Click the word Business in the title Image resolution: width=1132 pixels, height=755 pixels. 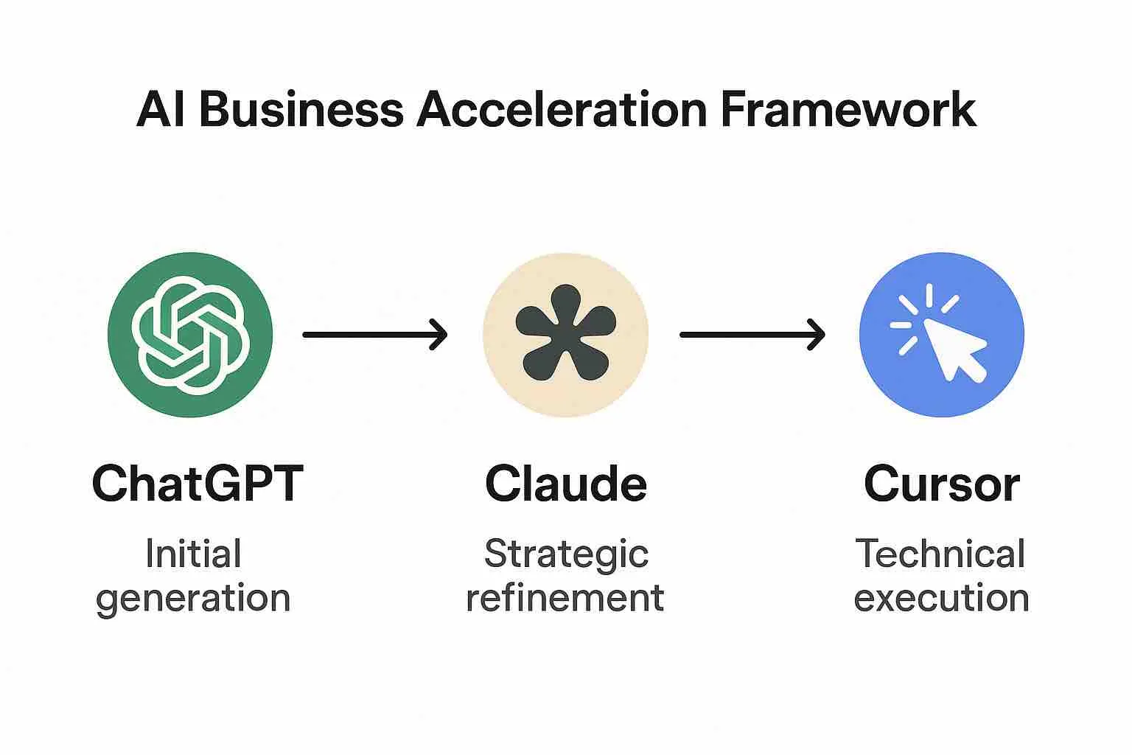[x=301, y=111]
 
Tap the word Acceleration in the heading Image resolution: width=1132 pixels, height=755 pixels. [x=562, y=111]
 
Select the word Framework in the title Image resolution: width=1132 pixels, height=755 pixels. [x=848, y=111]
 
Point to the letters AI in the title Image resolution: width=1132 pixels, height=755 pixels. [x=161, y=111]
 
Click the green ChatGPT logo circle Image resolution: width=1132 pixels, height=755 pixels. [x=190, y=335]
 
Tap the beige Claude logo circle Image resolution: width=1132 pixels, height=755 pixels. [x=565, y=335]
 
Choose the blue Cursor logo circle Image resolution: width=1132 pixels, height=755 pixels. [x=942, y=335]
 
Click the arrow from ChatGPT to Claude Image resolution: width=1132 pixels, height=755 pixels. [x=374, y=335]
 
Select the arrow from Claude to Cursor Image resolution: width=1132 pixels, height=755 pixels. [x=751, y=335]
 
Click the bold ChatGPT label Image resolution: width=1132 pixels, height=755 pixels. [x=197, y=484]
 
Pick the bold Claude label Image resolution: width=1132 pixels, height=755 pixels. [x=565, y=484]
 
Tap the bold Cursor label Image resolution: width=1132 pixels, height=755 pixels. [x=941, y=484]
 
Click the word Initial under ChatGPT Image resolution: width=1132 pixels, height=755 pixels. [x=193, y=553]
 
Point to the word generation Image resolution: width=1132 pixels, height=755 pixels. [x=193, y=598]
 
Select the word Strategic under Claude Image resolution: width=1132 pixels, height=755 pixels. [x=565, y=554]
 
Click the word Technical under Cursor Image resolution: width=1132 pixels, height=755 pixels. [x=940, y=553]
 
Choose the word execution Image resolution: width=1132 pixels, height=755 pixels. [x=941, y=597]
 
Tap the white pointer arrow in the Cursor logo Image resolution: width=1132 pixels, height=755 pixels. [x=954, y=349]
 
